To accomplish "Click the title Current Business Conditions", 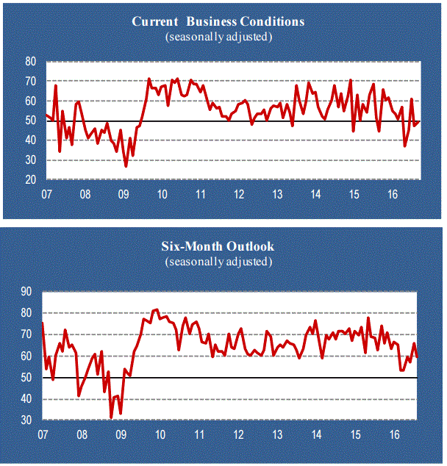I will tap(218, 21).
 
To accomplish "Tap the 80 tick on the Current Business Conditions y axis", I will tap(31, 62).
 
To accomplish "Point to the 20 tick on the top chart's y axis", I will tap(31, 179).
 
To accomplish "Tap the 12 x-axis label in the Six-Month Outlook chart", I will tap(240, 435).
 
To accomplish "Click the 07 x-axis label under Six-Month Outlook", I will tap(44, 435).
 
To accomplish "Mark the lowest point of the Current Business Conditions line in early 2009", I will tap(126, 166).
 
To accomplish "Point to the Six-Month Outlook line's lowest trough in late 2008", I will tap(111, 417).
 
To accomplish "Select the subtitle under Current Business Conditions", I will tap(218, 36).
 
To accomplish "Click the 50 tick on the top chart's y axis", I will tap(31, 121).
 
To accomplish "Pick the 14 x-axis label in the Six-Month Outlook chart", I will tap(316, 435).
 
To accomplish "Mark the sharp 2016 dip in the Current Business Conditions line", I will tap(404, 146).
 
